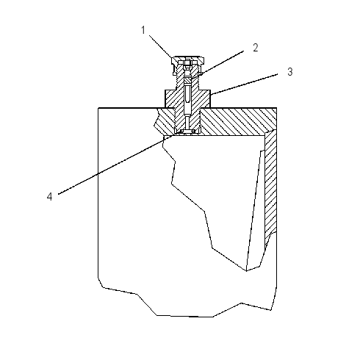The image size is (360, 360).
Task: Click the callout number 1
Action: pos(143,30)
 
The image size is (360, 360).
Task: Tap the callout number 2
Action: pos(256,48)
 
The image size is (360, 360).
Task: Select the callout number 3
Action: pos(290,72)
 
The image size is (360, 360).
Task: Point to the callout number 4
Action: pos(50,196)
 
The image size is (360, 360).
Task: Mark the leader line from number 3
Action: pos(244,84)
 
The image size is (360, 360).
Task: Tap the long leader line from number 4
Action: pos(115,165)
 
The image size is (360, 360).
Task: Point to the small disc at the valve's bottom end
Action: pos(187,132)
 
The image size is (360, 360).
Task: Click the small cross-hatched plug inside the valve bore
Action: pos(187,80)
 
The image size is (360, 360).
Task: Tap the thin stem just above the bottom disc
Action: pos(187,123)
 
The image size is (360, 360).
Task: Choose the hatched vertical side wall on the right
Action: pos(270,186)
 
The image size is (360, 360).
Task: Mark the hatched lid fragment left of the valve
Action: pos(165,122)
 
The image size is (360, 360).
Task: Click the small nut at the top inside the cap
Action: pos(187,65)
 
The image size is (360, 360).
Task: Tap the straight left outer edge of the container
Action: pos(98,193)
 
